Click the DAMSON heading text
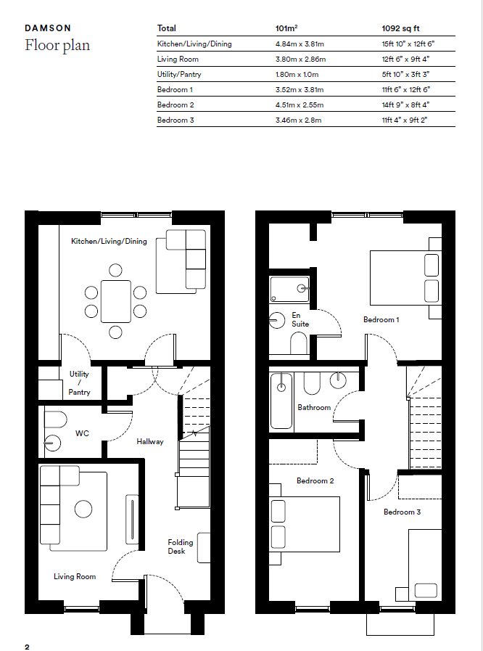click(48, 28)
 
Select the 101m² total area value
click(286, 28)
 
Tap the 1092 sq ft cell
click(400, 28)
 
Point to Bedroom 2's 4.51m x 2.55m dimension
click(300, 105)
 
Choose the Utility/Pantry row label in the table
click(179, 74)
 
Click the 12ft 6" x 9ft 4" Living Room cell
click(405, 59)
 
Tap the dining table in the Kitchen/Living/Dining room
click(116, 301)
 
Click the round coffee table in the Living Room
click(83, 509)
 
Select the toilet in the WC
click(55, 419)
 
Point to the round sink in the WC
click(52, 443)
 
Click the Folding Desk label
click(180, 546)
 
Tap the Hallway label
click(150, 442)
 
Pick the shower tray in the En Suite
click(289, 290)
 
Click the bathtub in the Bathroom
click(281, 401)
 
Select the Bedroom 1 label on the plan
click(381, 319)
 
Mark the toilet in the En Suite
click(299, 344)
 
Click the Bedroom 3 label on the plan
click(402, 512)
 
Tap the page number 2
click(27, 647)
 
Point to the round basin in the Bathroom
click(339, 380)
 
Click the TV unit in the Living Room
click(132, 519)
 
